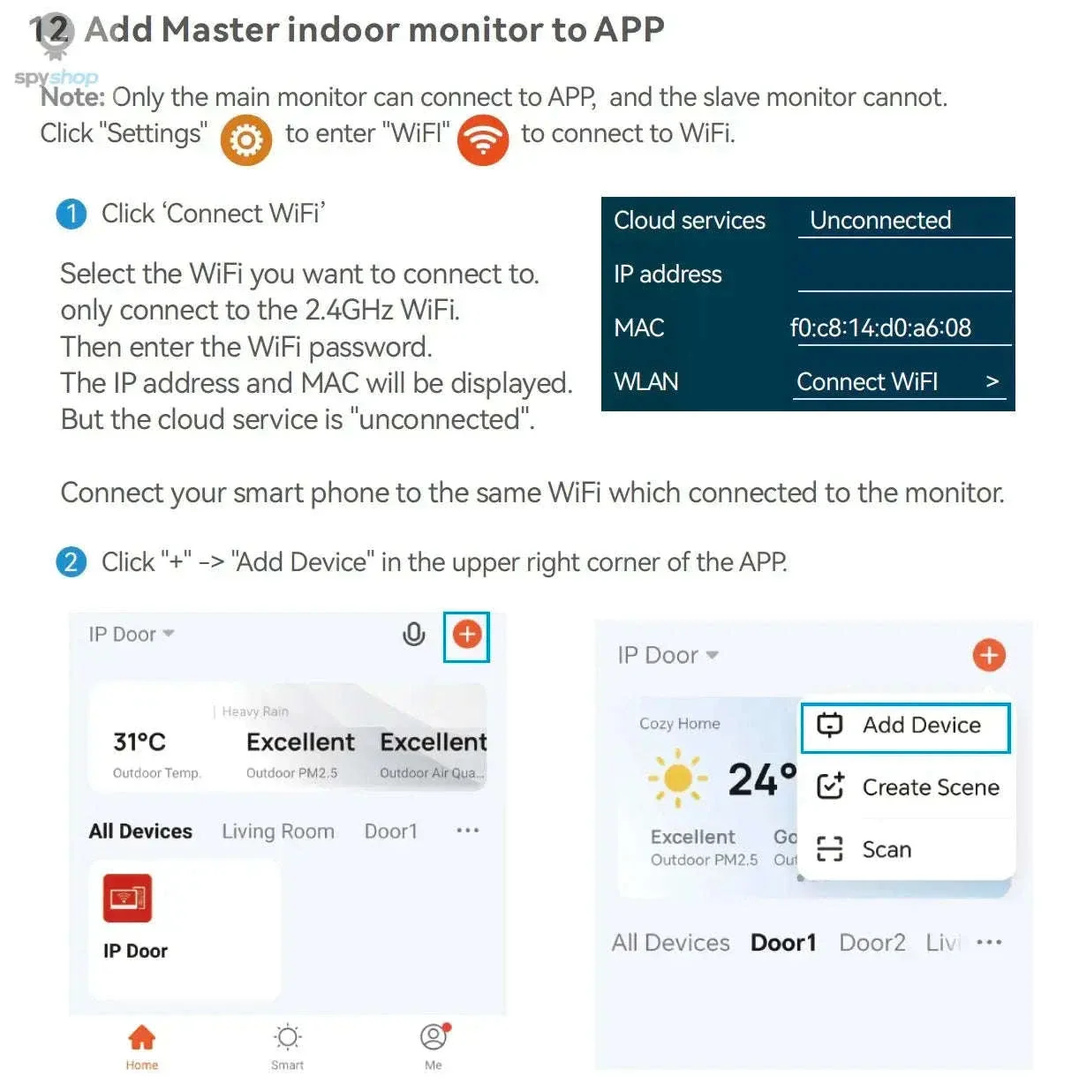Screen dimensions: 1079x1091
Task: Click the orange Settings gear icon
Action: pyautogui.click(x=245, y=139)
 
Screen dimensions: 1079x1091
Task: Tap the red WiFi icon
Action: pyautogui.click(x=482, y=139)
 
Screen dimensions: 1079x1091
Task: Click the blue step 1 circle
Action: pyautogui.click(x=72, y=214)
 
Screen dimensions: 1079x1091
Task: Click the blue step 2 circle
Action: pyautogui.click(x=72, y=562)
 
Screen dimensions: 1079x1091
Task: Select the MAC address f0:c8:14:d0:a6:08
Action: pyautogui.click(x=879, y=327)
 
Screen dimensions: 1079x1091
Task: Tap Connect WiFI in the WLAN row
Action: pyautogui.click(x=866, y=381)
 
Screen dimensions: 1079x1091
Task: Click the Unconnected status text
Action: pyautogui.click(x=879, y=220)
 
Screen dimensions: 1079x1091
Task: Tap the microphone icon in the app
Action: pyautogui.click(x=413, y=634)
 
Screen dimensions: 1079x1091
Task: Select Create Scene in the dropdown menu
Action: pyautogui.click(x=908, y=786)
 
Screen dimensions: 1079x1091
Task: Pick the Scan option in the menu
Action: pyautogui.click(x=864, y=848)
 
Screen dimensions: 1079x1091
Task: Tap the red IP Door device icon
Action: pyautogui.click(x=127, y=898)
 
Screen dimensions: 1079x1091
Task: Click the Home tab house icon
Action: pyautogui.click(x=141, y=1036)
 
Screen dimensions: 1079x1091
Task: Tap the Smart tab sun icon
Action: pyautogui.click(x=287, y=1037)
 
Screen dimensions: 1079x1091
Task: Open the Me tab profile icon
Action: pyautogui.click(x=434, y=1036)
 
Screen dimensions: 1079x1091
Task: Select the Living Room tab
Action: pyautogui.click(x=277, y=831)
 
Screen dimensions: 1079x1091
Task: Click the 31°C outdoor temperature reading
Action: pyautogui.click(x=140, y=741)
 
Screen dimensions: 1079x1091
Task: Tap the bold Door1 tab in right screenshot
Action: pyautogui.click(x=782, y=942)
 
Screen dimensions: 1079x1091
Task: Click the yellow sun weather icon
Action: pyautogui.click(x=677, y=778)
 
